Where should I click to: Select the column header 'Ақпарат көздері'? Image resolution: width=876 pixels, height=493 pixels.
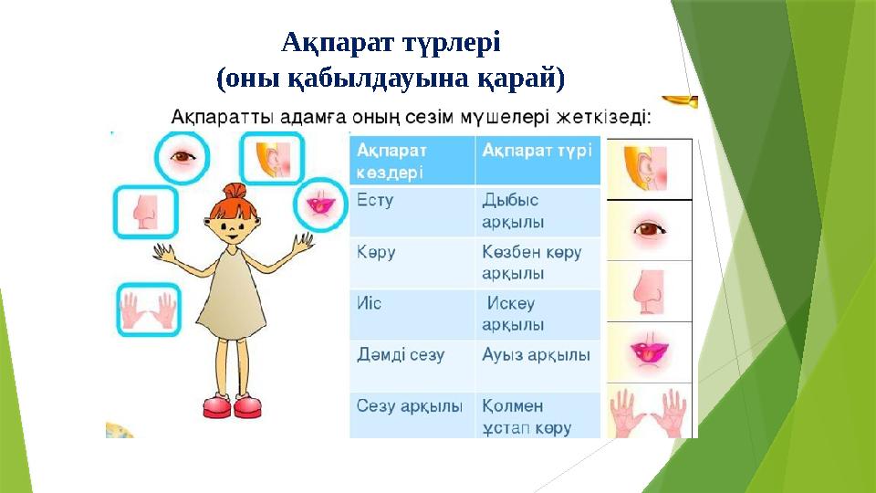(x=411, y=160)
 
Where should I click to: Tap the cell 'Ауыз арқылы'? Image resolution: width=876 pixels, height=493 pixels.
(x=537, y=355)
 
